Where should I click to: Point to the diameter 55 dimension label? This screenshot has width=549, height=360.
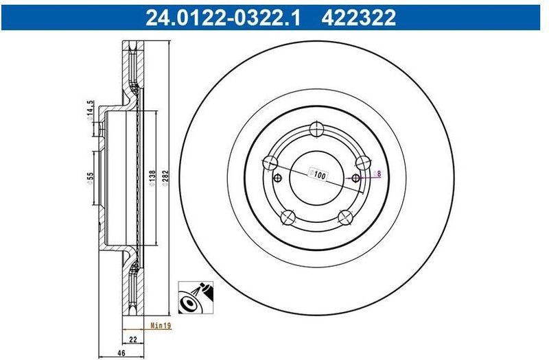pos(90,181)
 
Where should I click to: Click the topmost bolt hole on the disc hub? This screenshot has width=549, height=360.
pos(316,129)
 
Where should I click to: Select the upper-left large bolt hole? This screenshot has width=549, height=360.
pos(270,163)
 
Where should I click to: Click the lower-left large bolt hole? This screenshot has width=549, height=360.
pos(288,217)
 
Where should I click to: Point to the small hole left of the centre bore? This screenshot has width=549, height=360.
pos(277,179)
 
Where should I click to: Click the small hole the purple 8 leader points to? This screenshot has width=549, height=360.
pos(355,178)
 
